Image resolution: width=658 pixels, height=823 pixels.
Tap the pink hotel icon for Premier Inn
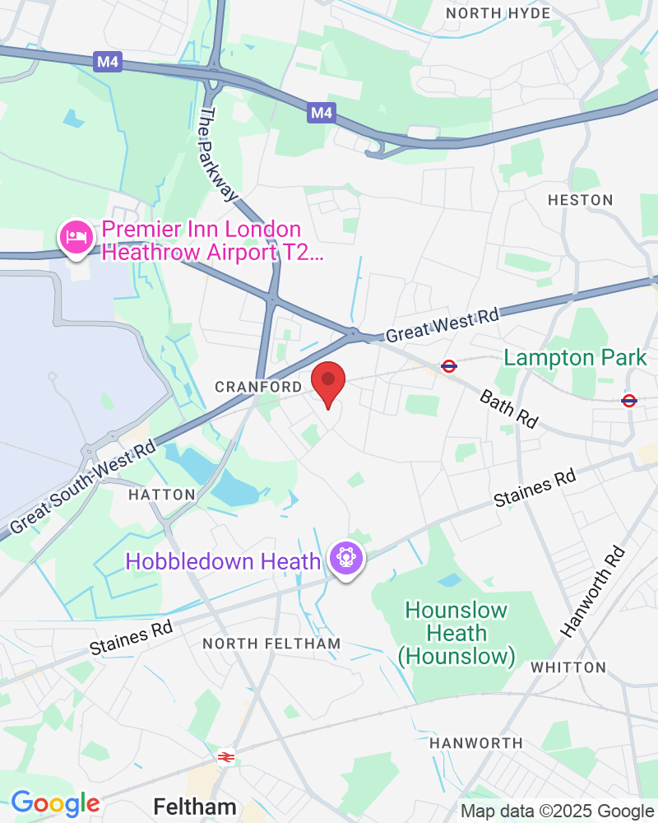[x=75, y=238]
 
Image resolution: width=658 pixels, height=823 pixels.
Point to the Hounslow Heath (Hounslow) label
[x=456, y=634]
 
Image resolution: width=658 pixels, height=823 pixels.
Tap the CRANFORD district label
[x=258, y=387]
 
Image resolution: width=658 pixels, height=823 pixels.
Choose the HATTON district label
[x=162, y=495]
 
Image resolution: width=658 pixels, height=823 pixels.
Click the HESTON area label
[x=580, y=200]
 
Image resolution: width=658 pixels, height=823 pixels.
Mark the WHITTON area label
[x=568, y=667]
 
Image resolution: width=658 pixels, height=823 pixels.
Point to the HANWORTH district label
[x=476, y=743]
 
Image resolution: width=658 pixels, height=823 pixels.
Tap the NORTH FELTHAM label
[x=271, y=643]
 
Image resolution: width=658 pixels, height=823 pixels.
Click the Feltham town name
[x=195, y=807]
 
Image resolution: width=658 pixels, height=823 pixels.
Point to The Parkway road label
[x=219, y=155]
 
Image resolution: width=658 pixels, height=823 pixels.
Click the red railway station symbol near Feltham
[x=224, y=757]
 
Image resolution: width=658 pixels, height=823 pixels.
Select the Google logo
[x=55, y=803]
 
